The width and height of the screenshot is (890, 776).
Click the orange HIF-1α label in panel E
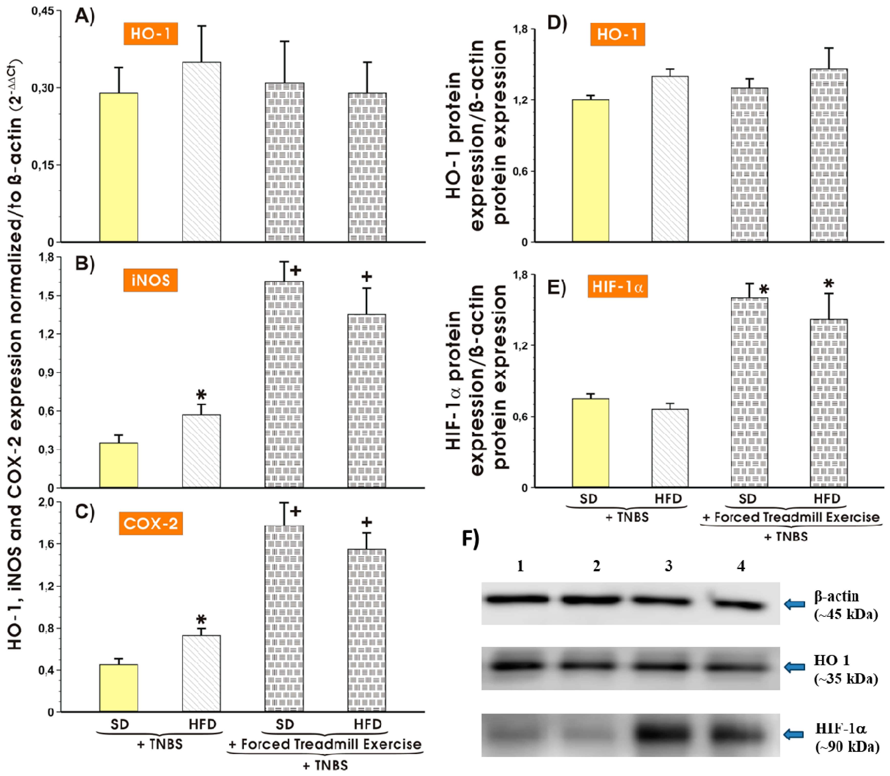pyautogui.click(x=617, y=287)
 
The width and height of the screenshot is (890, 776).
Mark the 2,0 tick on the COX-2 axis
pyautogui.click(x=46, y=502)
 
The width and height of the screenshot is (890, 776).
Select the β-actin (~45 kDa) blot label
pyautogui.click(x=845, y=605)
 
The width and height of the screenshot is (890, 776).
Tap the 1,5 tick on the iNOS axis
pyautogui.click(x=46, y=296)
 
